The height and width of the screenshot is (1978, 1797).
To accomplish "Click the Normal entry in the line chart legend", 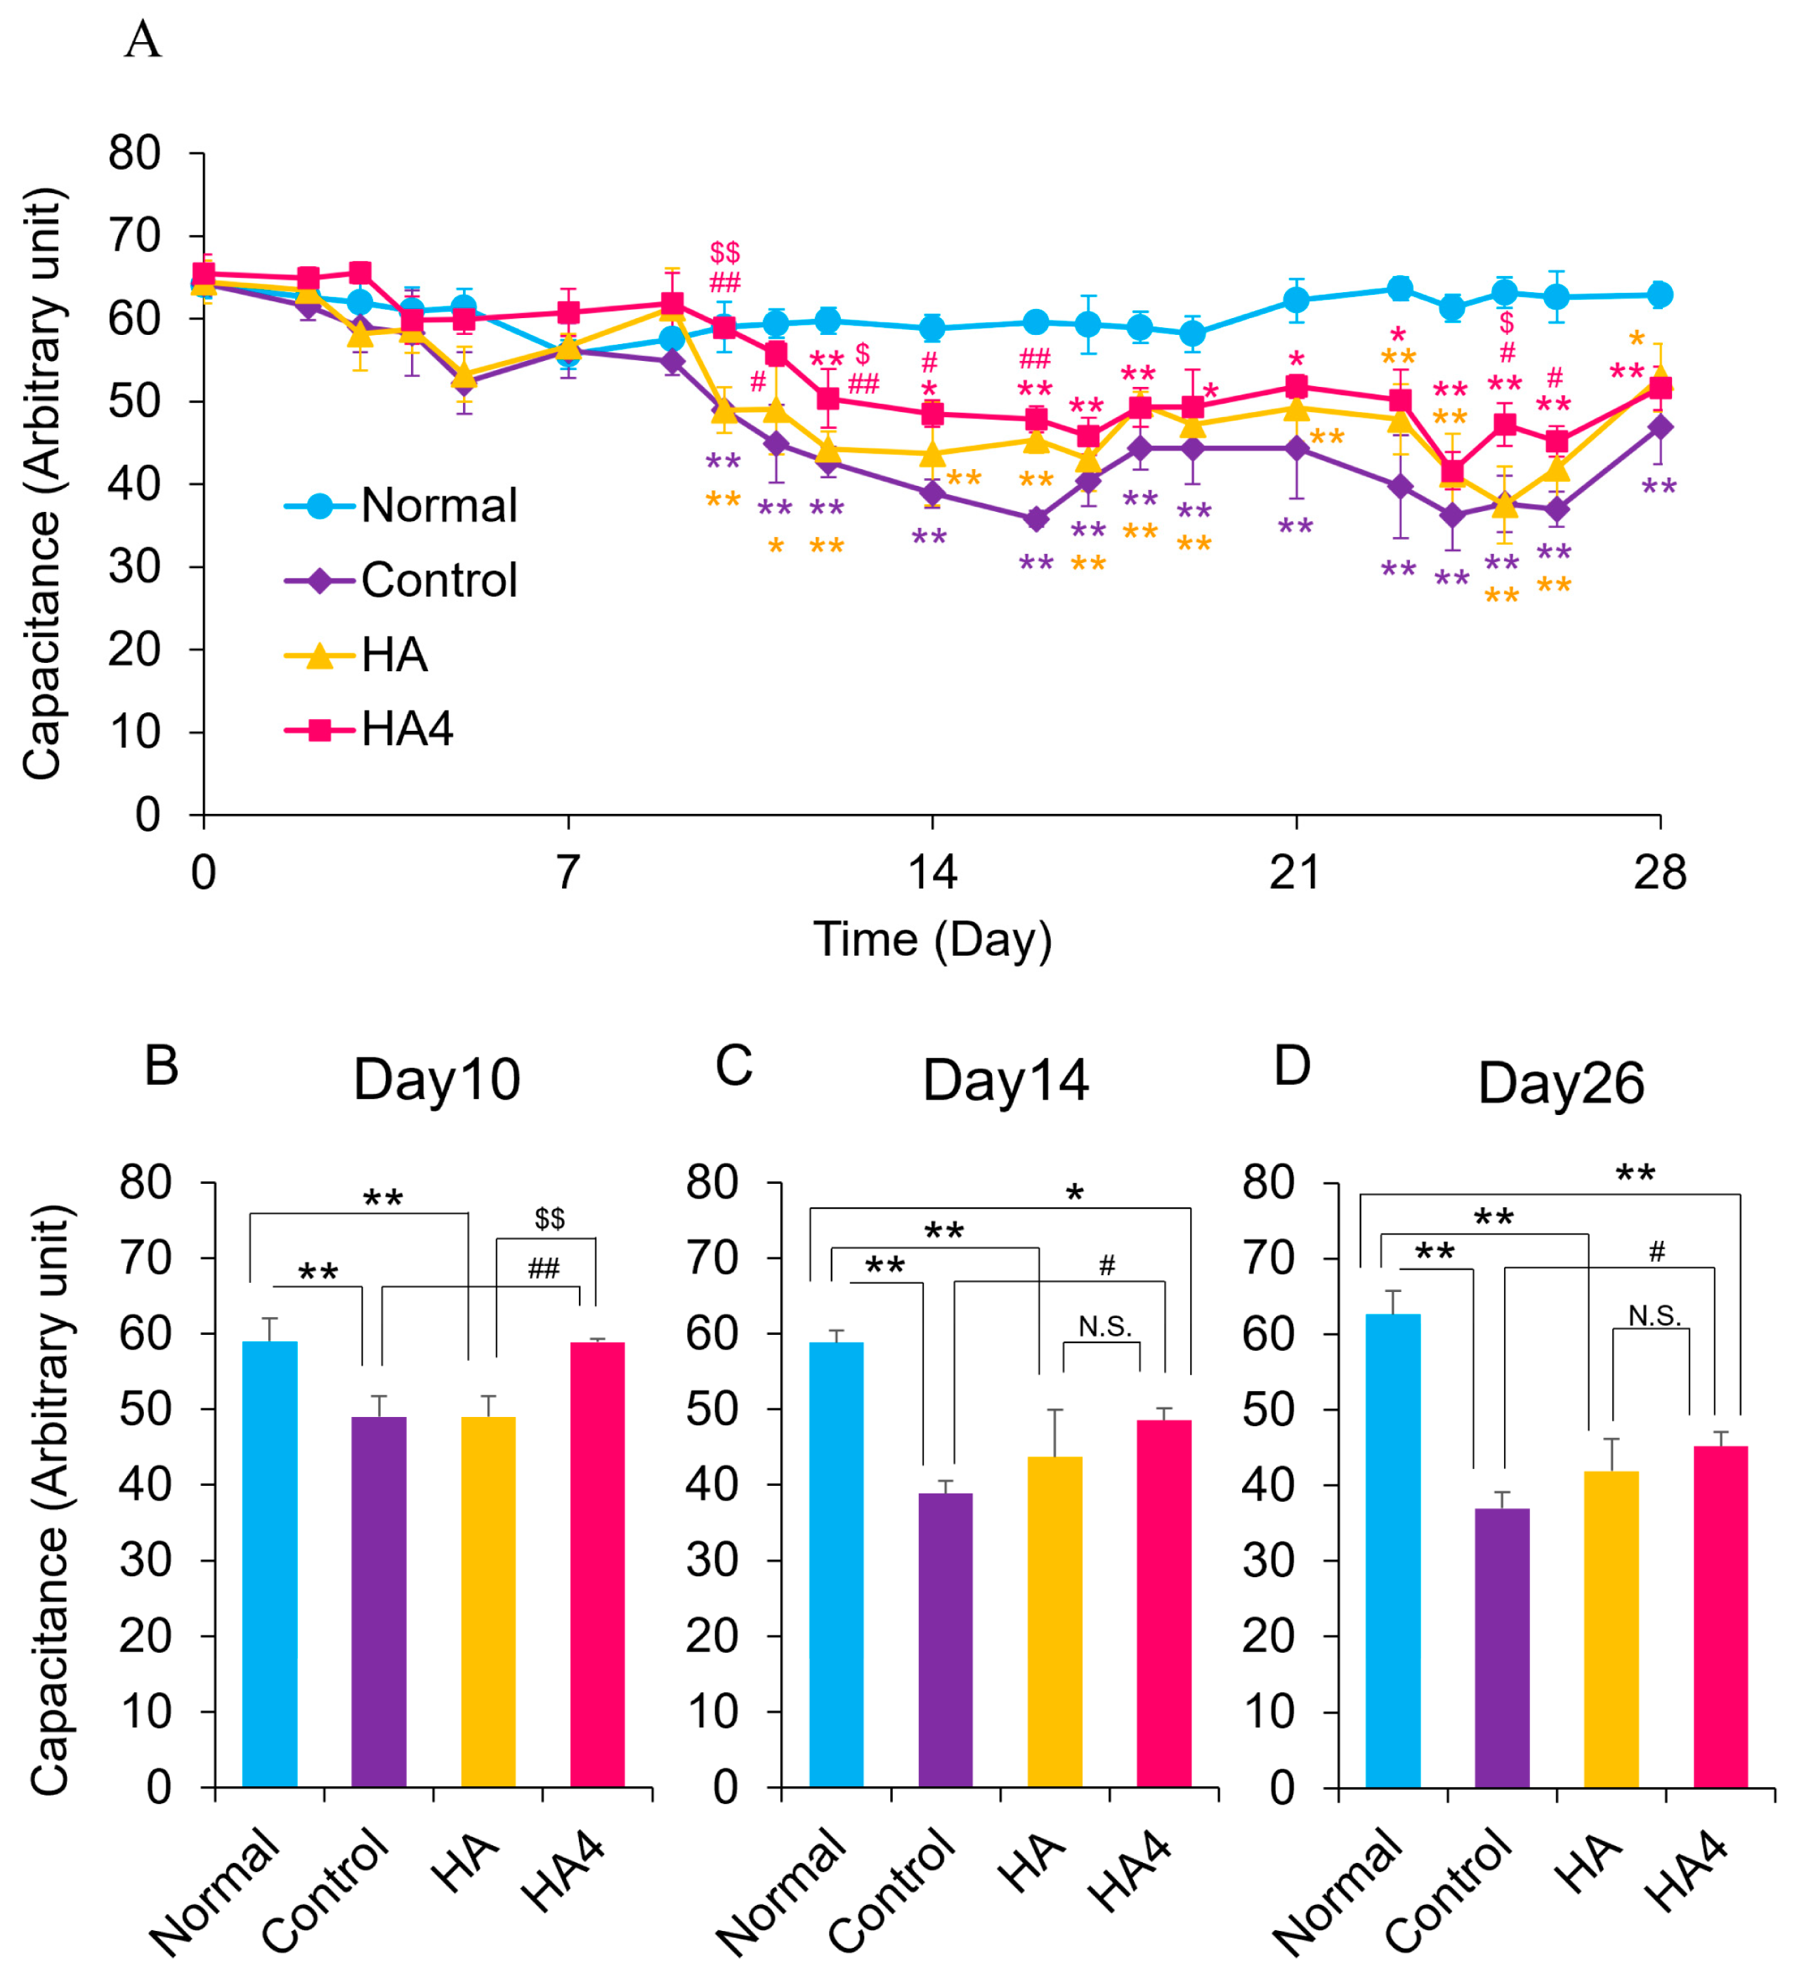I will (438, 506).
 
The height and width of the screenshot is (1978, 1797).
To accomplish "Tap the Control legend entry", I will (438, 581).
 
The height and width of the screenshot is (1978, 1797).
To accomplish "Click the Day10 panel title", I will (437, 1080).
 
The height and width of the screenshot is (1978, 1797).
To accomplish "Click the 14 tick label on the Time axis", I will (932, 872).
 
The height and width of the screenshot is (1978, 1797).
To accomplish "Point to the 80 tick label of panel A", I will (134, 154).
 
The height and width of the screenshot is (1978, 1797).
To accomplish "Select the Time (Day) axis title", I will (932, 940).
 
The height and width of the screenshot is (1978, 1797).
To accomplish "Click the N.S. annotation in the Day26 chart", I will (1654, 1316).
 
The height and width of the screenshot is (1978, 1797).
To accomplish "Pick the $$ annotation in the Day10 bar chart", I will (549, 1218).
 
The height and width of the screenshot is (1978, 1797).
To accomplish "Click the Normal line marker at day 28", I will (1659, 294).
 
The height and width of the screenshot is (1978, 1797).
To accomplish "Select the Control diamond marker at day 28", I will (1659, 428).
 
